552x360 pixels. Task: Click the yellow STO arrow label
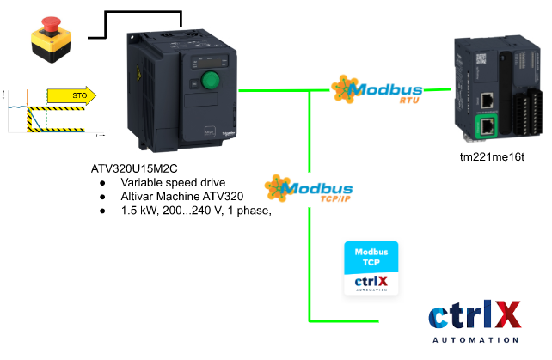coord(72,95)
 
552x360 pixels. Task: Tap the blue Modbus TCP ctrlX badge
coord(372,269)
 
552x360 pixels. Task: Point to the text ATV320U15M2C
coord(138,168)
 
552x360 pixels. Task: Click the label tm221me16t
coord(492,157)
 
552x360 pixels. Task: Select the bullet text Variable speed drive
coord(173,183)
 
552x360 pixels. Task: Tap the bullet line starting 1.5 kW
coord(196,212)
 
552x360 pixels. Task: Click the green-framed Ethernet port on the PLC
coord(488,126)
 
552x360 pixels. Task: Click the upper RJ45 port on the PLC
coord(488,99)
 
